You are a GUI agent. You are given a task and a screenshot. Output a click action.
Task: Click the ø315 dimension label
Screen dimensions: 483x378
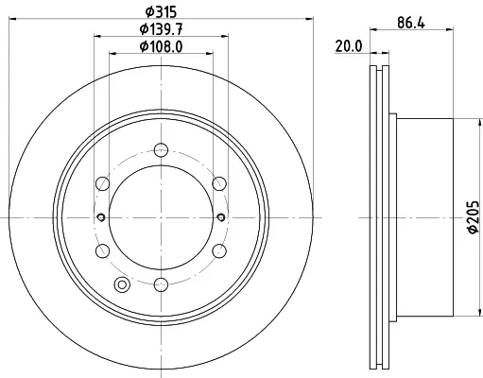click(161, 12)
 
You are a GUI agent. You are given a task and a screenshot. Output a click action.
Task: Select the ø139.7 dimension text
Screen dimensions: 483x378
click(161, 29)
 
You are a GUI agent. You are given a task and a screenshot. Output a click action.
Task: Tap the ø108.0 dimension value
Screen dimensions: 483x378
click(161, 47)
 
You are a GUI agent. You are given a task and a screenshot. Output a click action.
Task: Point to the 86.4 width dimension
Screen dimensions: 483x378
click(411, 23)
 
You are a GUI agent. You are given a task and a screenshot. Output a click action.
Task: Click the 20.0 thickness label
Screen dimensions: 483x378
click(349, 46)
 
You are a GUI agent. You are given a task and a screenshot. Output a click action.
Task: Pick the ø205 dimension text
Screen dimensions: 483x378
click(474, 217)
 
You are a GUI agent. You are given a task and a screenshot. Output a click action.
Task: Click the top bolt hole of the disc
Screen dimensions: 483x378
click(161, 150)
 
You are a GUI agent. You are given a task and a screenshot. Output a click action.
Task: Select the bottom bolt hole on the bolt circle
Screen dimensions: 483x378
click(161, 284)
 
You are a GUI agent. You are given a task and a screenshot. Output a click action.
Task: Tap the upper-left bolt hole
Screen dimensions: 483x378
click(102, 183)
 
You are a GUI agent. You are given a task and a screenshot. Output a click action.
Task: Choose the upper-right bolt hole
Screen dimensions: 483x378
click(219, 183)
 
